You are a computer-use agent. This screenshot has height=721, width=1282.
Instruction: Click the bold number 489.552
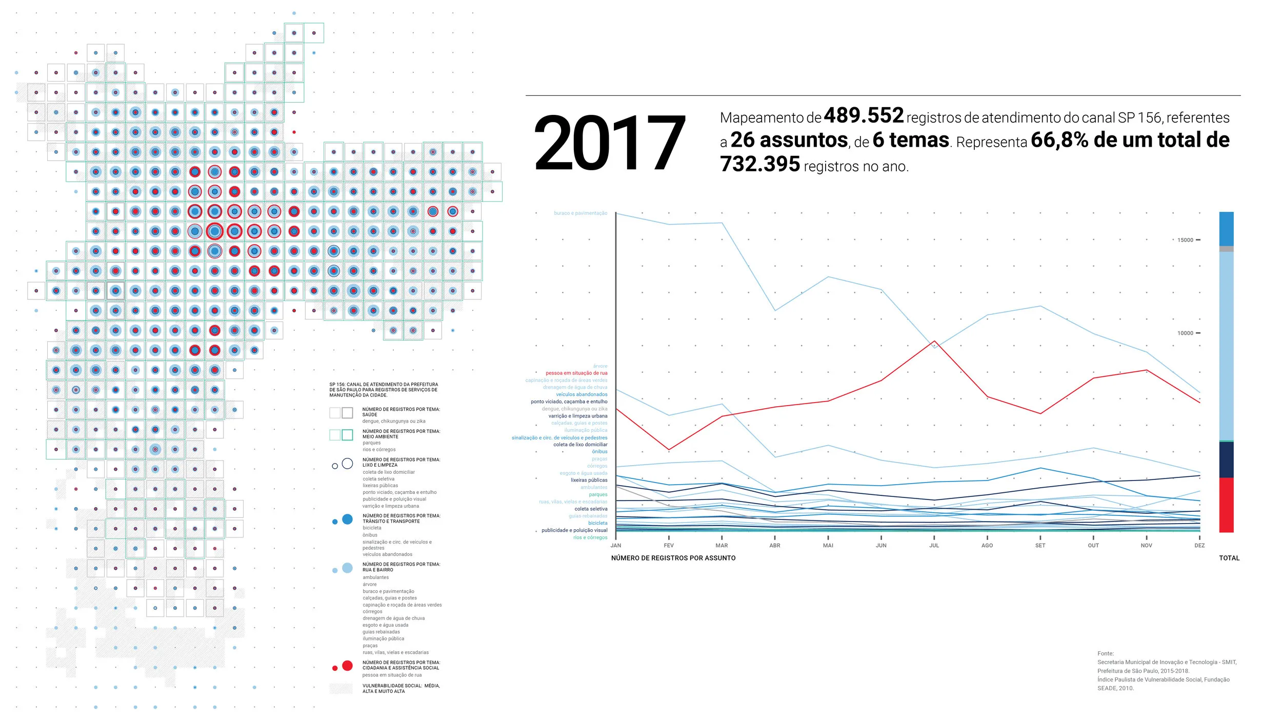(x=864, y=116)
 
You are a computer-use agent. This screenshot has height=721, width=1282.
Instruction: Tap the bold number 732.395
(x=759, y=165)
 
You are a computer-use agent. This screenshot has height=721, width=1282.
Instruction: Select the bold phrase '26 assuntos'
(x=789, y=140)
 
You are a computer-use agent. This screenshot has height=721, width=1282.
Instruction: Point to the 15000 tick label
(x=1185, y=240)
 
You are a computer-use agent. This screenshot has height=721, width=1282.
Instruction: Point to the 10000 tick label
(x=1185, y=333)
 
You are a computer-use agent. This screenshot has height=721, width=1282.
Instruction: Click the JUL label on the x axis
(x=934, y=546)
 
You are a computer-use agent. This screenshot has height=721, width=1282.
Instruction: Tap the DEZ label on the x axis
(x=1199, y=546)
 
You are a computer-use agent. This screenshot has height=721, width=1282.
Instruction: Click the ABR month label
(x=775, y=546)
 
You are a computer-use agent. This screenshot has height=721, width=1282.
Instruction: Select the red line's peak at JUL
(x=934, y=341)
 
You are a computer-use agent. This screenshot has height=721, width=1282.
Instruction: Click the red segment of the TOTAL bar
(x=1226, y=505)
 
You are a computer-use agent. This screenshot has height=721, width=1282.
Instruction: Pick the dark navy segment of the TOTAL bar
(x=1226, y=459)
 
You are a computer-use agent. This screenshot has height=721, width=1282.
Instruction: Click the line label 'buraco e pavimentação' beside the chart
(x=580, y=213)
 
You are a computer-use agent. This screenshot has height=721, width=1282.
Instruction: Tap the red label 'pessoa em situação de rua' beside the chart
(x=576, y=373)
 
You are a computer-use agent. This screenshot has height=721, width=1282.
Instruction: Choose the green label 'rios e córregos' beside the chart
(x=590, y=537)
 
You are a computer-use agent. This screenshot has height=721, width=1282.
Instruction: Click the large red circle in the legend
(x=347, y=666)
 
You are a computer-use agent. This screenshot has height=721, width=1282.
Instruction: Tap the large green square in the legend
(x=347, y=435)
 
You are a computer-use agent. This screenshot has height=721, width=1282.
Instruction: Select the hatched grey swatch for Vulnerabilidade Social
(x=340, y=689)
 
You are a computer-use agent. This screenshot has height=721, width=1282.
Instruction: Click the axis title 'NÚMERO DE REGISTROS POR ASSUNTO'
(x=673, y=558)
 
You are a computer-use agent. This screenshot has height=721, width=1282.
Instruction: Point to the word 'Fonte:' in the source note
(x=1106, y=653)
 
